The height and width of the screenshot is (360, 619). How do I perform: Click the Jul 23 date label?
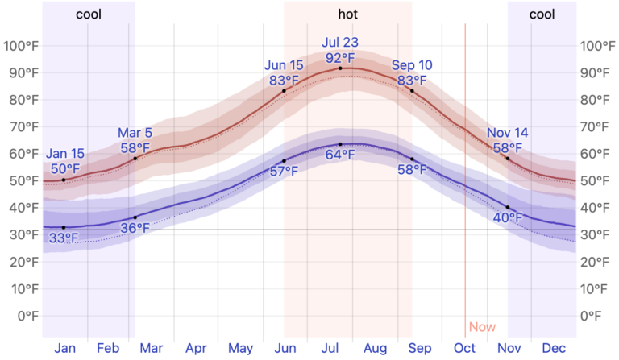point(339,43)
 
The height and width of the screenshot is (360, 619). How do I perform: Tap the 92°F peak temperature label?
point(339,58)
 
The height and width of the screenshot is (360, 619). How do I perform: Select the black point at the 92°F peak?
point(340,68)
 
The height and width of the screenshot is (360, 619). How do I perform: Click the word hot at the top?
point(348,14)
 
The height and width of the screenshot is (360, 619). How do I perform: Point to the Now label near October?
point(482,327)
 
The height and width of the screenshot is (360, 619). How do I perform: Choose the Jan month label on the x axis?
point(65,348)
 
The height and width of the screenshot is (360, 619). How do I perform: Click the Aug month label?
point(375,348)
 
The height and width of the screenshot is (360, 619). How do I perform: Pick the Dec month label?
point(553,348)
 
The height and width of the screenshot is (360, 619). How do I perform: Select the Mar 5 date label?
point(135,133)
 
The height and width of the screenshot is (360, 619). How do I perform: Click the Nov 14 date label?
point(507,133)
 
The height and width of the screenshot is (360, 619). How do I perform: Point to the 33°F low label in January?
point(64,238)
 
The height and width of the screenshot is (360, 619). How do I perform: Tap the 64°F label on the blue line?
point(339,156)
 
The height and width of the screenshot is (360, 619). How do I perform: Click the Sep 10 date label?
point(411,64)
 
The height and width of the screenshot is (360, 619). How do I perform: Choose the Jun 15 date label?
point(284,64)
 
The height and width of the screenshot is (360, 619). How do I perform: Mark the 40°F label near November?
point(507,218)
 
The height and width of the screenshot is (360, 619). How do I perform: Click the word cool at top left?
point(89,14)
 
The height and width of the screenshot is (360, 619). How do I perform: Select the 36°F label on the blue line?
point(135,229)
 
